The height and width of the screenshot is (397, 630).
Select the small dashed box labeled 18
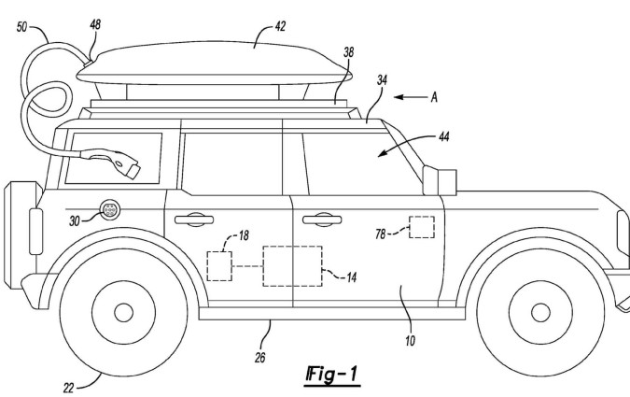click(x=219, y=265)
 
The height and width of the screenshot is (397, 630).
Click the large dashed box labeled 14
click(x=292, y=266)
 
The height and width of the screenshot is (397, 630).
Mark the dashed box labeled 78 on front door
click(x=420, y=229)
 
